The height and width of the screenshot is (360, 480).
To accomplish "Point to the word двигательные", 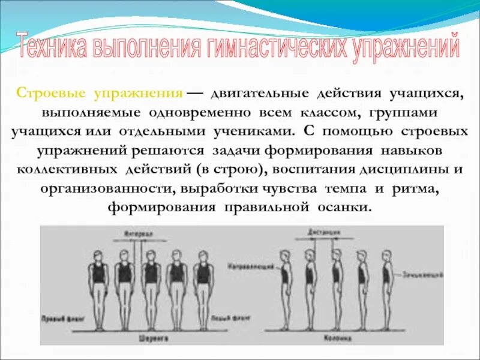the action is [259, 95].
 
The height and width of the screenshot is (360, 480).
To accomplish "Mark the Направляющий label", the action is [245, 264].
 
